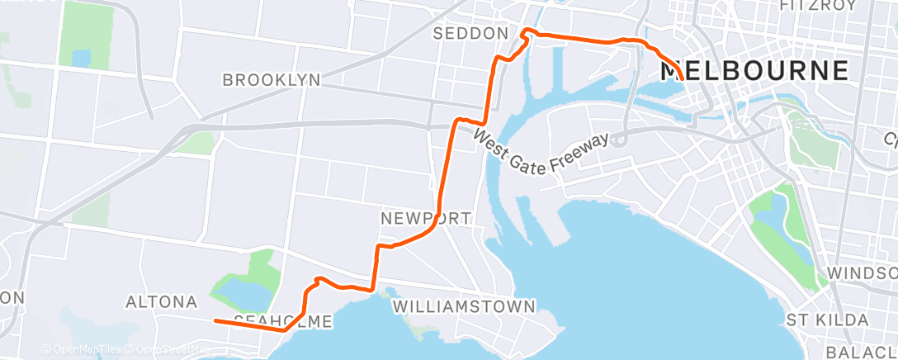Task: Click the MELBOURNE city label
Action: coord(754,70)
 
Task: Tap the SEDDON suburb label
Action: coord(470,33)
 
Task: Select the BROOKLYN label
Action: coord(271,80)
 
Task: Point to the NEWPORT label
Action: coord(426,219)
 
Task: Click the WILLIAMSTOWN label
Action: coord(464,306)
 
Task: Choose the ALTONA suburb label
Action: coord(160,302)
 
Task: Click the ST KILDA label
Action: coord(827,320)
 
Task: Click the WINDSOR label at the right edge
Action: coord(863,273)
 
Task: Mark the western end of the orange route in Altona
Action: coord(215,320)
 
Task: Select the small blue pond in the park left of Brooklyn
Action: coord(81,58)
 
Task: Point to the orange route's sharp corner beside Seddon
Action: coord(525,32)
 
